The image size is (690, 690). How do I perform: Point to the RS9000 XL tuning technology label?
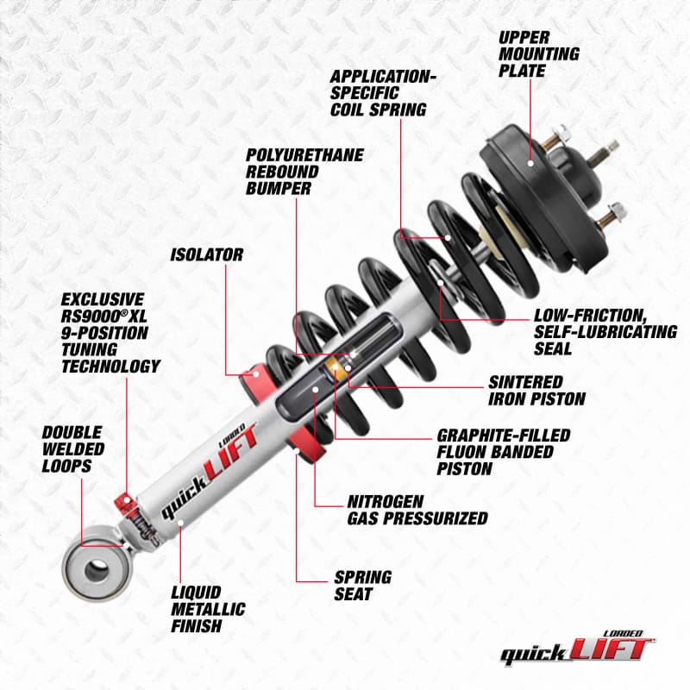click(110, 333)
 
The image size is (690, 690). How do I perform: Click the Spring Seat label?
click(363, 586)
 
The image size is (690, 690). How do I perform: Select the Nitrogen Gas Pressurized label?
click(417, 510)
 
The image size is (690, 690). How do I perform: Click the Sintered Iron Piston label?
click(537, 390)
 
